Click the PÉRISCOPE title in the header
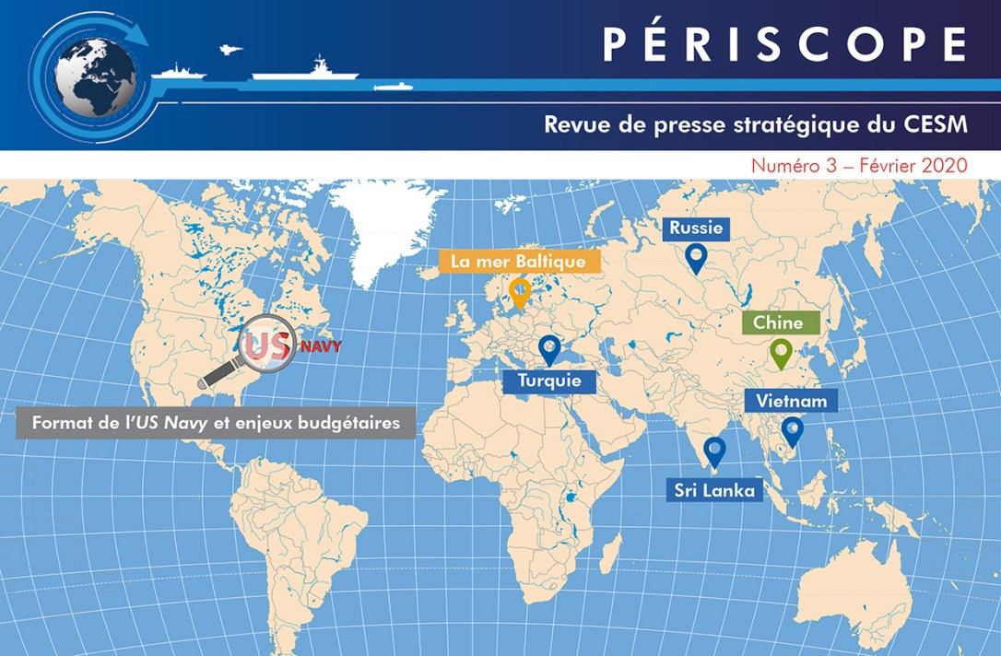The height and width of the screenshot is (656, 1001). [x=784, y=44]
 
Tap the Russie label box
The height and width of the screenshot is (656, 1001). [x=696, y=228]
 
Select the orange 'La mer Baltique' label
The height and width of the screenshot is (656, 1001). [x=518, y=262]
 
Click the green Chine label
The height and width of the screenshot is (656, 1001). [x=778, y=323]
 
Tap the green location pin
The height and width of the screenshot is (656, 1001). [x=782, y=353]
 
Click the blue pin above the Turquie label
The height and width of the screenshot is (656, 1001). [x=549, y=349]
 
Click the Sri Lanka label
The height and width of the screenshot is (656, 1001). [x=714, y=490]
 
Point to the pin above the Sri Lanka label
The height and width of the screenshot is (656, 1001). [x=714, y=451]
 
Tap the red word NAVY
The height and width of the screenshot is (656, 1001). [x=320, y=347]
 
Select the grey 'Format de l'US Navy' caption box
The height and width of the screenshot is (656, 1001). [x=216, y=425]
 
